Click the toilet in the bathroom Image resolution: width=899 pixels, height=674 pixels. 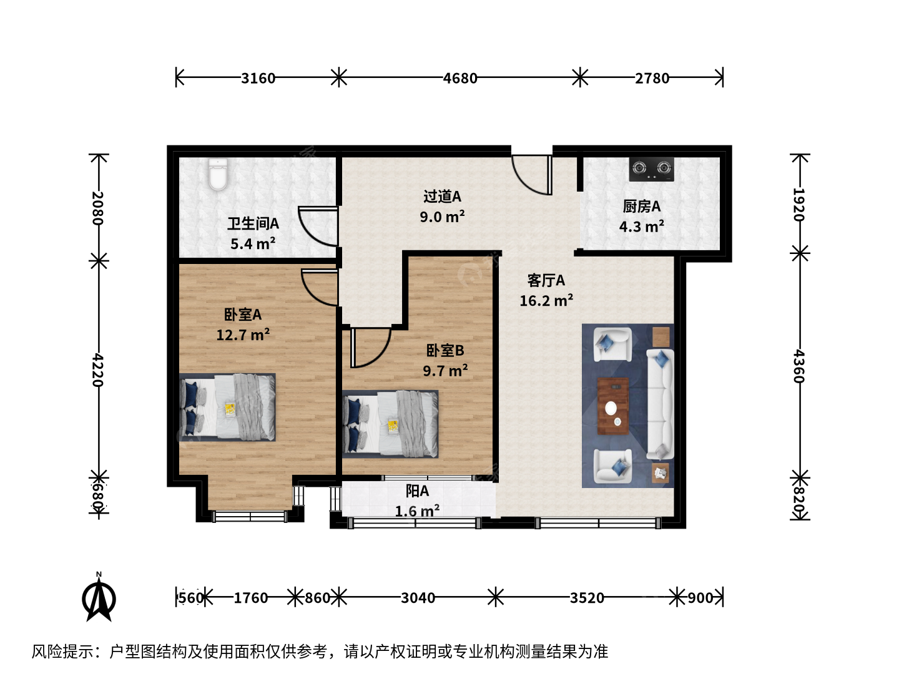[218, 175]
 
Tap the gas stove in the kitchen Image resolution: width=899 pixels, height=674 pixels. [651, 169]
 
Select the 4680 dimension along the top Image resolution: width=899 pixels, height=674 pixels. [460, 78]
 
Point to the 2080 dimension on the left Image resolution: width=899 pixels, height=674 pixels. [97, 208]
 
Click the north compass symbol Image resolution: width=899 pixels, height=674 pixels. [99, 598]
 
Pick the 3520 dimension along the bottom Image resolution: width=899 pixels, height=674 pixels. [587, 598]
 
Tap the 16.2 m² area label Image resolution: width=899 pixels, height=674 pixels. [546, 301]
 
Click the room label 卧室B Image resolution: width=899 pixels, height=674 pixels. [445, 351]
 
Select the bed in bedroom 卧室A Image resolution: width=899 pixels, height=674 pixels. [227, 407]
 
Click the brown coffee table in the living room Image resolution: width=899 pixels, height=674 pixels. [613, 406]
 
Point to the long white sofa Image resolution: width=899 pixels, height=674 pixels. [660, 404]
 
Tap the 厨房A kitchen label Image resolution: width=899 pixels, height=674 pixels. [641, 207]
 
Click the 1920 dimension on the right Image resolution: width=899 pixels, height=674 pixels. [799, 204]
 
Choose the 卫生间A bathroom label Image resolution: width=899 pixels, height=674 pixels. [253, 224]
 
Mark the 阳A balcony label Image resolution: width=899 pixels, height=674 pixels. [417, 491]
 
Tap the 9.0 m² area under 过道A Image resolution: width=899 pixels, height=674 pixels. [442, 217]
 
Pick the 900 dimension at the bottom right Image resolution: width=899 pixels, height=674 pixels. [700, 598]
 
